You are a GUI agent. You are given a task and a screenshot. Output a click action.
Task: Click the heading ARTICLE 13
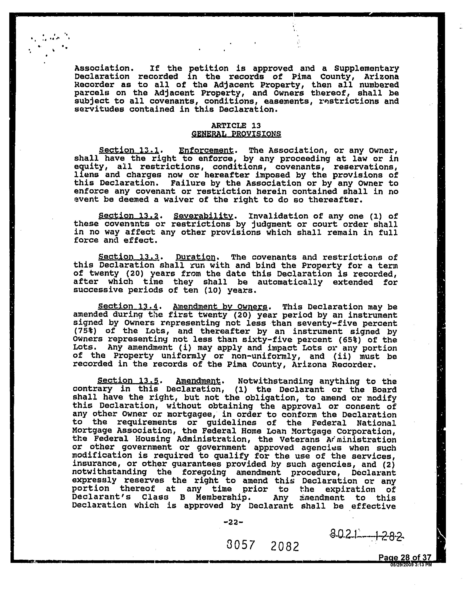click(236, 126)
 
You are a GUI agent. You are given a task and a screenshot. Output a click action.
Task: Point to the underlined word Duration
click(196, 257)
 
